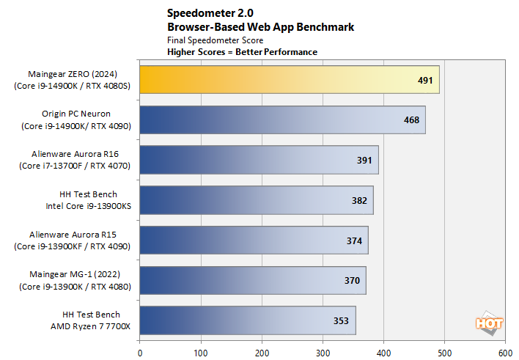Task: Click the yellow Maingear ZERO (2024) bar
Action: pyautogui.click(x=289, y=80)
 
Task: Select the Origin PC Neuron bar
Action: pyautogui.click(x=282, y=120)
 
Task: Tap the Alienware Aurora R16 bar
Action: pyautogui.click(x=259, y=160)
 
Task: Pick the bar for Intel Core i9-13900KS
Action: pyautogui.click(x=256, y=200)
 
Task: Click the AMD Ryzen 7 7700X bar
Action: pyautogui.click(x=247, y=320)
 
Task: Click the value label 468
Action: pyautogui.click(x=411, y=120)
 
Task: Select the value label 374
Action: pyautogui.click(x=353, y=240)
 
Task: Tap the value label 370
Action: pyautogui.click(x=351, y=280)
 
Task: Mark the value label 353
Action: pyautogui.click(x=341, y=320)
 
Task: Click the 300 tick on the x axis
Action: pyautogui.click(x=323, y=352)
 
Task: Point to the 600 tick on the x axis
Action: pyautogui.click(x=505, y=352)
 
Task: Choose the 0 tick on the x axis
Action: pyautogui.click(x=140, y=352)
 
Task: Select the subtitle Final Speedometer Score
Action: pyautogui.click(x=215, y=40)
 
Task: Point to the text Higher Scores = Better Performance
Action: pyautogui.click(x=242, y=52)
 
